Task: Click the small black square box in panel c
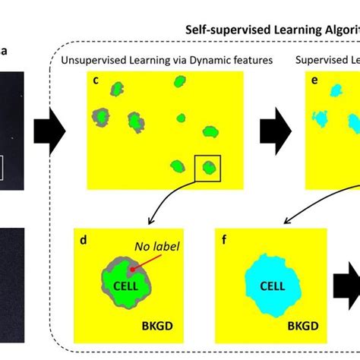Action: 207,168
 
